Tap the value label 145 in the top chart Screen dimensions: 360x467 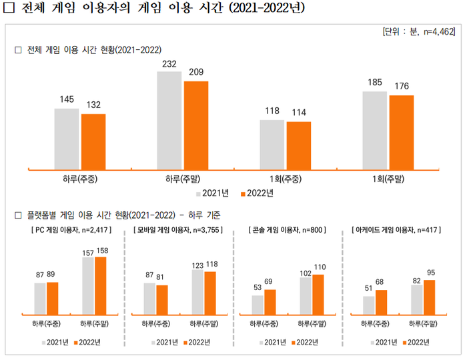point(67,99)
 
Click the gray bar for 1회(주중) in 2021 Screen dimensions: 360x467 point(272,144)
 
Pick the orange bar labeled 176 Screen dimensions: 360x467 point(402,132)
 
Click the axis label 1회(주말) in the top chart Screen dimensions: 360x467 point(389,179)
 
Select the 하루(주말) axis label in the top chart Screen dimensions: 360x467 point(183,179)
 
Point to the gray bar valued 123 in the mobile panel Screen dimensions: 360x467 point(197,291)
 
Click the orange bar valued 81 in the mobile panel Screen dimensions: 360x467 point(161,299)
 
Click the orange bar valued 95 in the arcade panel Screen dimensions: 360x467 point(429,297)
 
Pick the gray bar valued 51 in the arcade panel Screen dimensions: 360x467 point(368,305)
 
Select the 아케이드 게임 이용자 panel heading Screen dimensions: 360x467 point(396,230)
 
